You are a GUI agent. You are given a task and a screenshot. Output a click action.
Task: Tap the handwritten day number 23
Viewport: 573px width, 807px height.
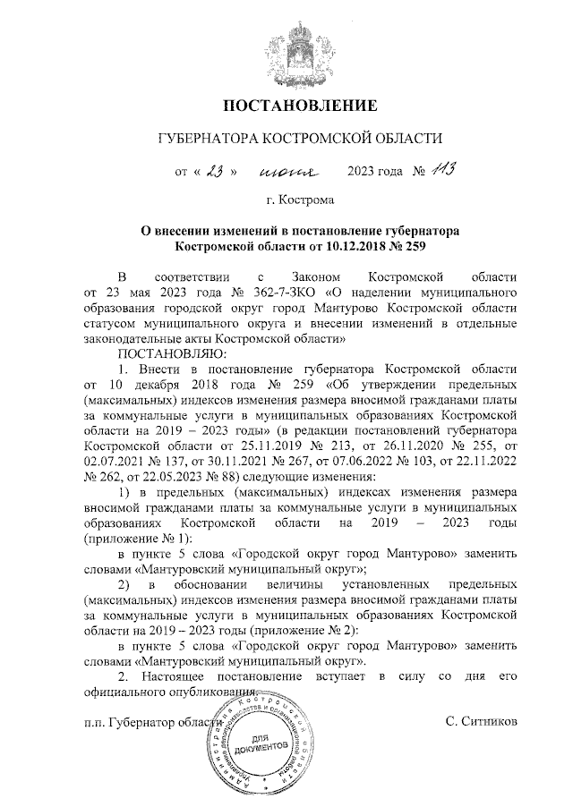[213, 170]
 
